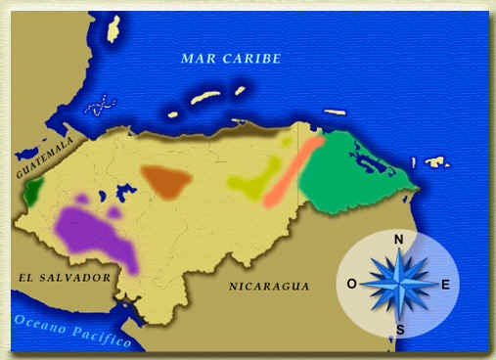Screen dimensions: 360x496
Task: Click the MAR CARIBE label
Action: (231, 59)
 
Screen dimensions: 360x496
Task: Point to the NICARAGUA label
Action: (269, 287)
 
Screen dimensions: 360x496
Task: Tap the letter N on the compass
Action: (398, 240)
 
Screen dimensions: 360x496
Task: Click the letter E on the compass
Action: (445, 285)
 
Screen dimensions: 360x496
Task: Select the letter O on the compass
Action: (351, 285)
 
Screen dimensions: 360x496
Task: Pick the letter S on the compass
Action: (398, 329)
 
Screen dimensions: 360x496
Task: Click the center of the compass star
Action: (398, 284)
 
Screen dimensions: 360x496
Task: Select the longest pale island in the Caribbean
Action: (204, 98)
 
